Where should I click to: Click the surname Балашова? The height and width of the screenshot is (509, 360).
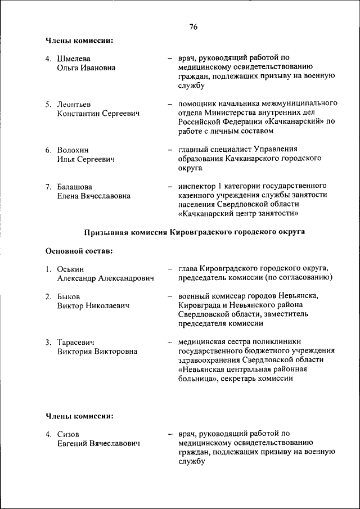click(75, 186)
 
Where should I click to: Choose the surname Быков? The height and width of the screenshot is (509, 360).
click(69, 296)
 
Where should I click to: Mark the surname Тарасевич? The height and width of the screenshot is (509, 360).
click(75, 342)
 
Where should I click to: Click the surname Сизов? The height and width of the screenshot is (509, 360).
click(68, 434)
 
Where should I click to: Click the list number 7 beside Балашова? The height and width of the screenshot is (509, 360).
click(48, 186)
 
